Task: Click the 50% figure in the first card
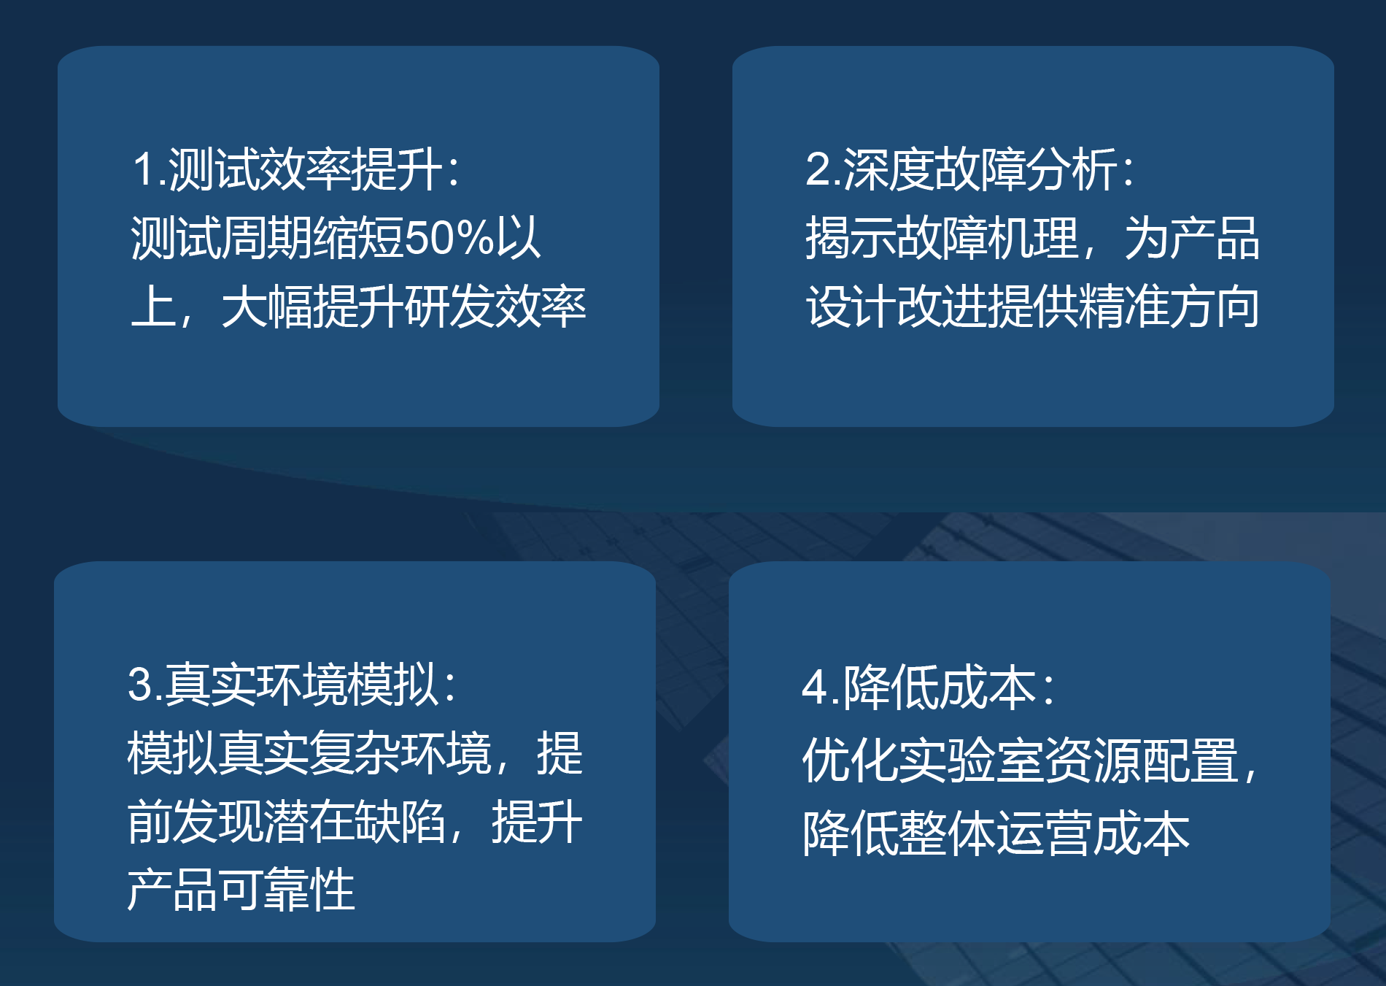coord(449,238)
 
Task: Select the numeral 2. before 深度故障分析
coord(824,169)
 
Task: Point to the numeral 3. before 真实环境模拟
coord(145,685)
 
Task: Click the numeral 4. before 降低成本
coord(821,687)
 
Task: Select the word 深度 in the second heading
coord(888,169)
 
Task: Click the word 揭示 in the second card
coord(851,238)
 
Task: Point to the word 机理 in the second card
coord(1033,238)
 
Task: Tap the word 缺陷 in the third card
coord(400,822)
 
